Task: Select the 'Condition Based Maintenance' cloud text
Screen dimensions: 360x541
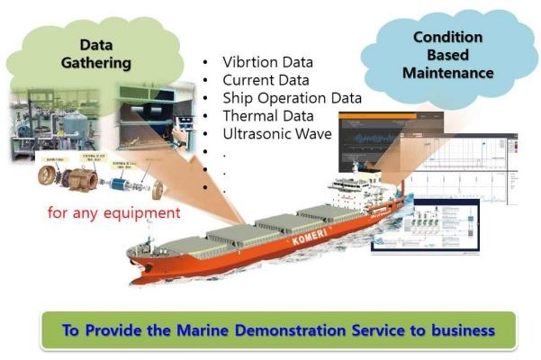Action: (447, 54)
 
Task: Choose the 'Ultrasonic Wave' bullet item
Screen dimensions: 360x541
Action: (276, 134)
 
